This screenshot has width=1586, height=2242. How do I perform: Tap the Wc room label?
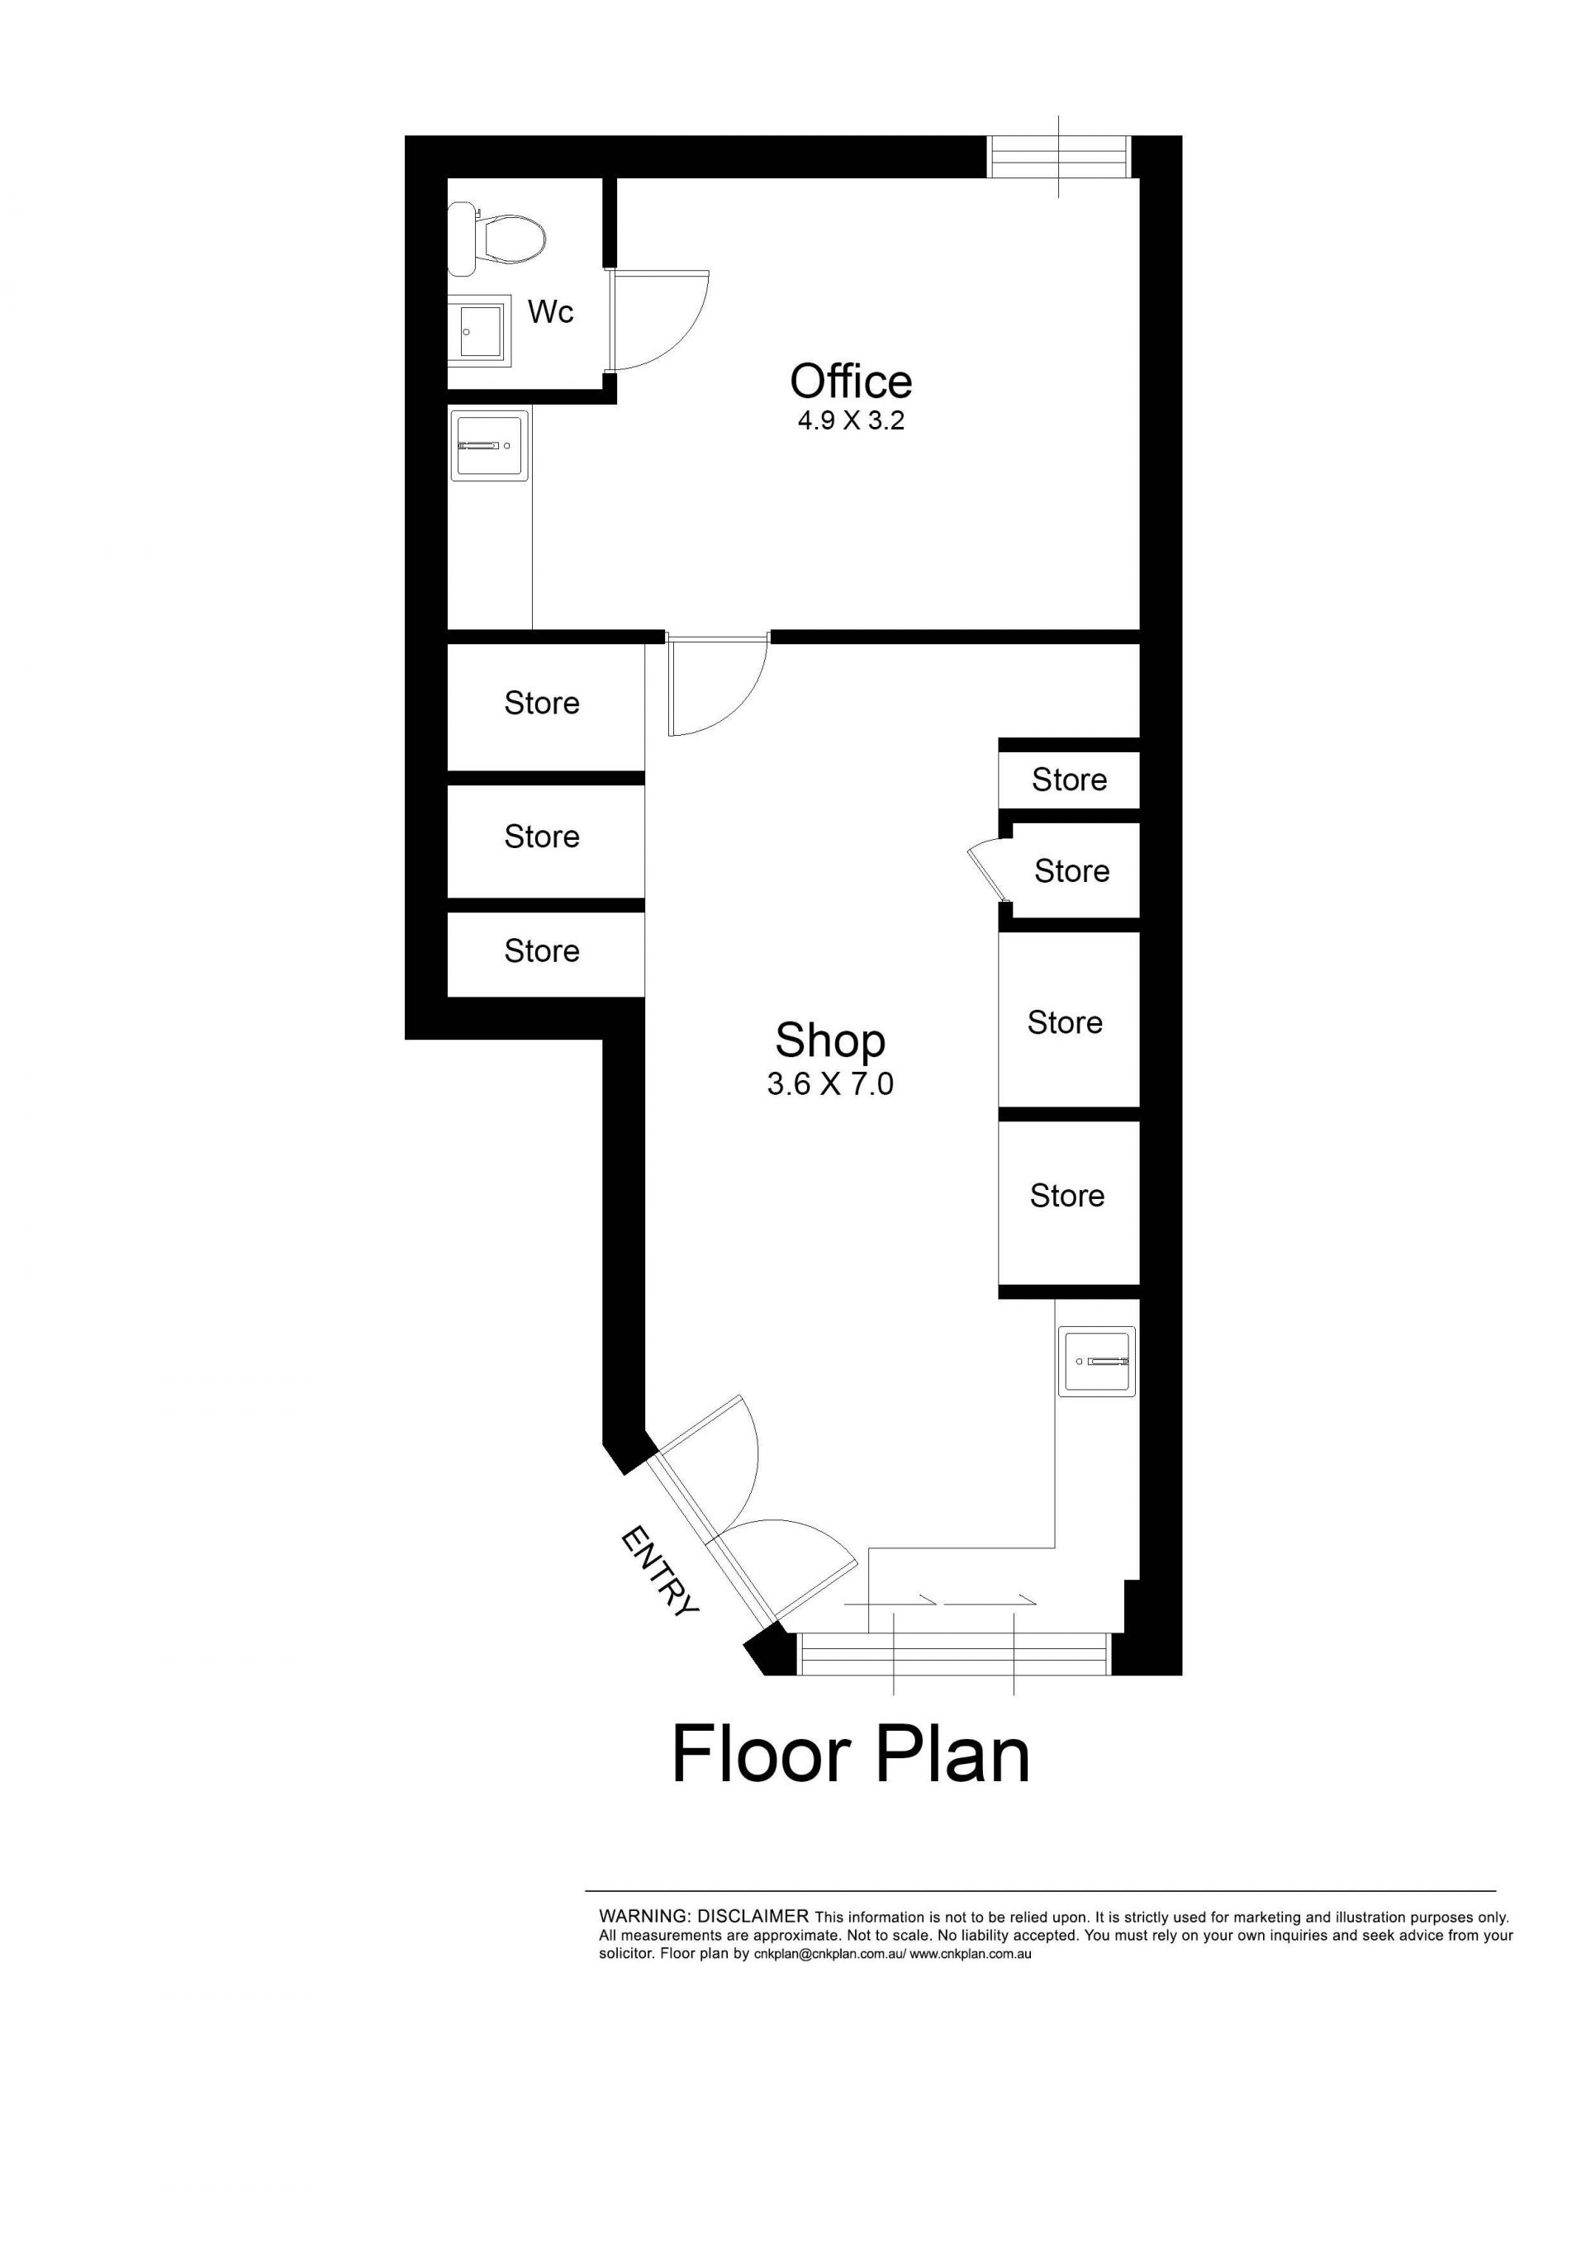tap(551, 312)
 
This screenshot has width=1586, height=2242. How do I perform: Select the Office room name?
tap(851, 381)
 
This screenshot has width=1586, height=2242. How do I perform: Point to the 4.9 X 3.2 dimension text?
tap(851, 421)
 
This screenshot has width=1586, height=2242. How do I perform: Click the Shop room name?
tap(830, 1041)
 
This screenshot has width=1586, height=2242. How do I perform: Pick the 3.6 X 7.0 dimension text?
tap(830, 1084)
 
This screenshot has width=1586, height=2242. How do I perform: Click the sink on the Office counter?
tap(489, 445)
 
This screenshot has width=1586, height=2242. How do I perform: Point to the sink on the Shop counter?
tap(1098, 1361)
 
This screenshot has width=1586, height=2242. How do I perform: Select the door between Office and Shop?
tap(718, 684)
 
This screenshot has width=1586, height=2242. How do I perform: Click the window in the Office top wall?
tap(1060, 157)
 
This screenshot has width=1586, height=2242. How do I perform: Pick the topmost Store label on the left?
tap(542, 703)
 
